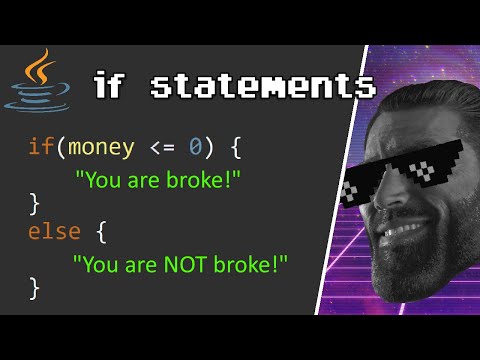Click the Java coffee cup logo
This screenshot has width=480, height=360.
coord(38,82)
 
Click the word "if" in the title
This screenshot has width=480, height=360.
coord(114,86)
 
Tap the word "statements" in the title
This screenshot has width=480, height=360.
coord(263,86)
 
